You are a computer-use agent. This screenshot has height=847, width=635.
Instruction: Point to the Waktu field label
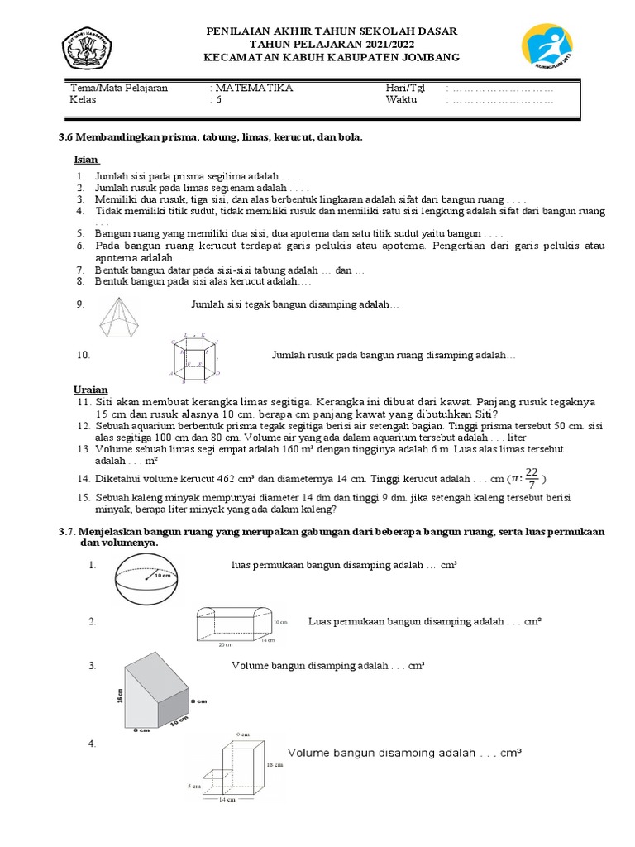click(401, 100)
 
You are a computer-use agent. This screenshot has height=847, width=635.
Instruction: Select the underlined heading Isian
click(85, 159)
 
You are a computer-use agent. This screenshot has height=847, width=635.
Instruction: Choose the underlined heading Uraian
click(90, 390)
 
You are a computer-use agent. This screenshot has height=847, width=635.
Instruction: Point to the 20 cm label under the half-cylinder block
click(224, 644)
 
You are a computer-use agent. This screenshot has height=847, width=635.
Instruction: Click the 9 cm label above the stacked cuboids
click(242, 734)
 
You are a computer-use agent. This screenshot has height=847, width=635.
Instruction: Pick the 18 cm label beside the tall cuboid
click(275, 766)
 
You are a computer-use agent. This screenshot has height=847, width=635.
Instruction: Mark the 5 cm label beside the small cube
click(194, 786)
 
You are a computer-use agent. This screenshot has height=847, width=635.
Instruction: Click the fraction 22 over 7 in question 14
click(531, 478)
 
